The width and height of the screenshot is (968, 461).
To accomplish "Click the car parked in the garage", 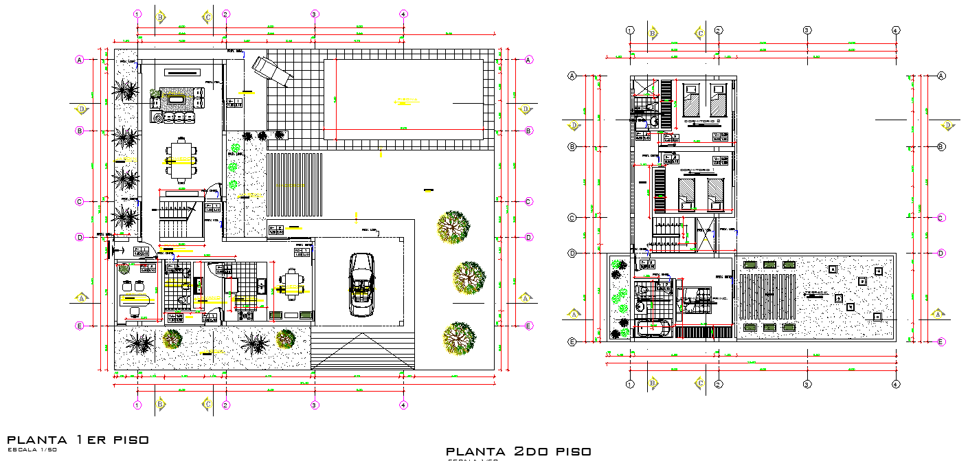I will (x=362, y=284).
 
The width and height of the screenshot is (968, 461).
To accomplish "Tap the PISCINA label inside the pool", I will (x=407, y=102).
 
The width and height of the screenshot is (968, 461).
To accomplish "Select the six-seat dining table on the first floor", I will (x=181, y=161).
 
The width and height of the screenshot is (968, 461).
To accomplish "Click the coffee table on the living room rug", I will (x=176, y=100).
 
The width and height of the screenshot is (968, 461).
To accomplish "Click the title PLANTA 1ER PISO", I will (x=78, y=440).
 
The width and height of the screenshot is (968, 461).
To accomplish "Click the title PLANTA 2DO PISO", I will (x=518, y=451).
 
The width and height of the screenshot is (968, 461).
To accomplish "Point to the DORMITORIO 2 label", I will (x=701, y=122).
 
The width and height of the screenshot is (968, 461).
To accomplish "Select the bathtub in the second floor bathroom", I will (x=653, y=329).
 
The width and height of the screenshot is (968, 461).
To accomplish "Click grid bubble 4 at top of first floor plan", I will (x=403, y=14).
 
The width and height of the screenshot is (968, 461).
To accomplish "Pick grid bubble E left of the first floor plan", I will (x=80, y=326).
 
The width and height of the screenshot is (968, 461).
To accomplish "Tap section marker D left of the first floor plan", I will (x=82, y=109).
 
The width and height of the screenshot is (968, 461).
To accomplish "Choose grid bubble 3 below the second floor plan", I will (x=807, y=384).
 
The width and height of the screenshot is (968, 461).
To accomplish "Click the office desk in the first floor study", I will (x=136, y=300).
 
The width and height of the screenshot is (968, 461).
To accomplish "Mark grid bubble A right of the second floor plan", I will (x=941, y=76).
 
